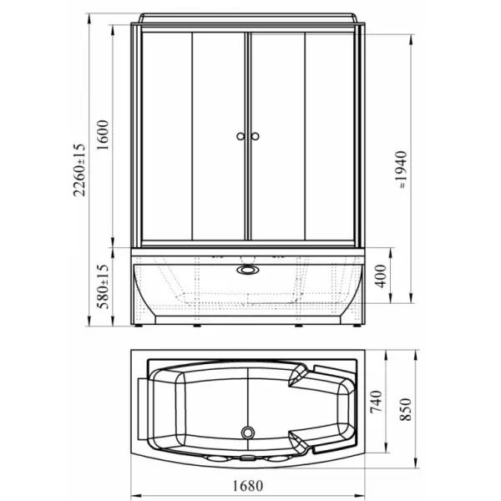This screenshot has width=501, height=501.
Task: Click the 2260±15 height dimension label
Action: click(x=79, y=170)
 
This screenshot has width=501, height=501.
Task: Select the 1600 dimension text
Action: click(x=103, y=134)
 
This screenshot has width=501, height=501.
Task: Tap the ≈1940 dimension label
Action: click(x=401, y=170)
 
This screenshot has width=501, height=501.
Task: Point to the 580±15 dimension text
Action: click(x=103, y=286)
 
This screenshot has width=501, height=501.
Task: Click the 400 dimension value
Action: click(x=380, y=276)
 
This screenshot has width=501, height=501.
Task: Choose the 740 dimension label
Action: click(x=376, y=402)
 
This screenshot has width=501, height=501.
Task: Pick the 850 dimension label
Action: click(x=406, y=410)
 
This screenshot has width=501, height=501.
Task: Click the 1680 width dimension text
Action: click(x=248, y=486)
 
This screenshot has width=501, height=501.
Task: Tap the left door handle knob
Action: click(x=240, y=136)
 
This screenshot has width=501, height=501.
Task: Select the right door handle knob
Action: click(x=255, y=136)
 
